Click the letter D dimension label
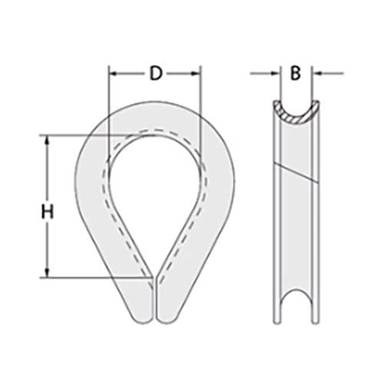pos(155,74)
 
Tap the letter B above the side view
pos(294,74)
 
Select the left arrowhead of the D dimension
pos(113,74)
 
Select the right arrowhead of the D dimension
pos(196,74)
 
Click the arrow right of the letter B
pos(315,74)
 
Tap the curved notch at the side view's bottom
pos(294,306)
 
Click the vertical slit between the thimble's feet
pos(154,300)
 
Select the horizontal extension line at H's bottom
pos(92,276)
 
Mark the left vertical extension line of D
pos(108,100)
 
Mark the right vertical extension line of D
pos(200,100)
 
